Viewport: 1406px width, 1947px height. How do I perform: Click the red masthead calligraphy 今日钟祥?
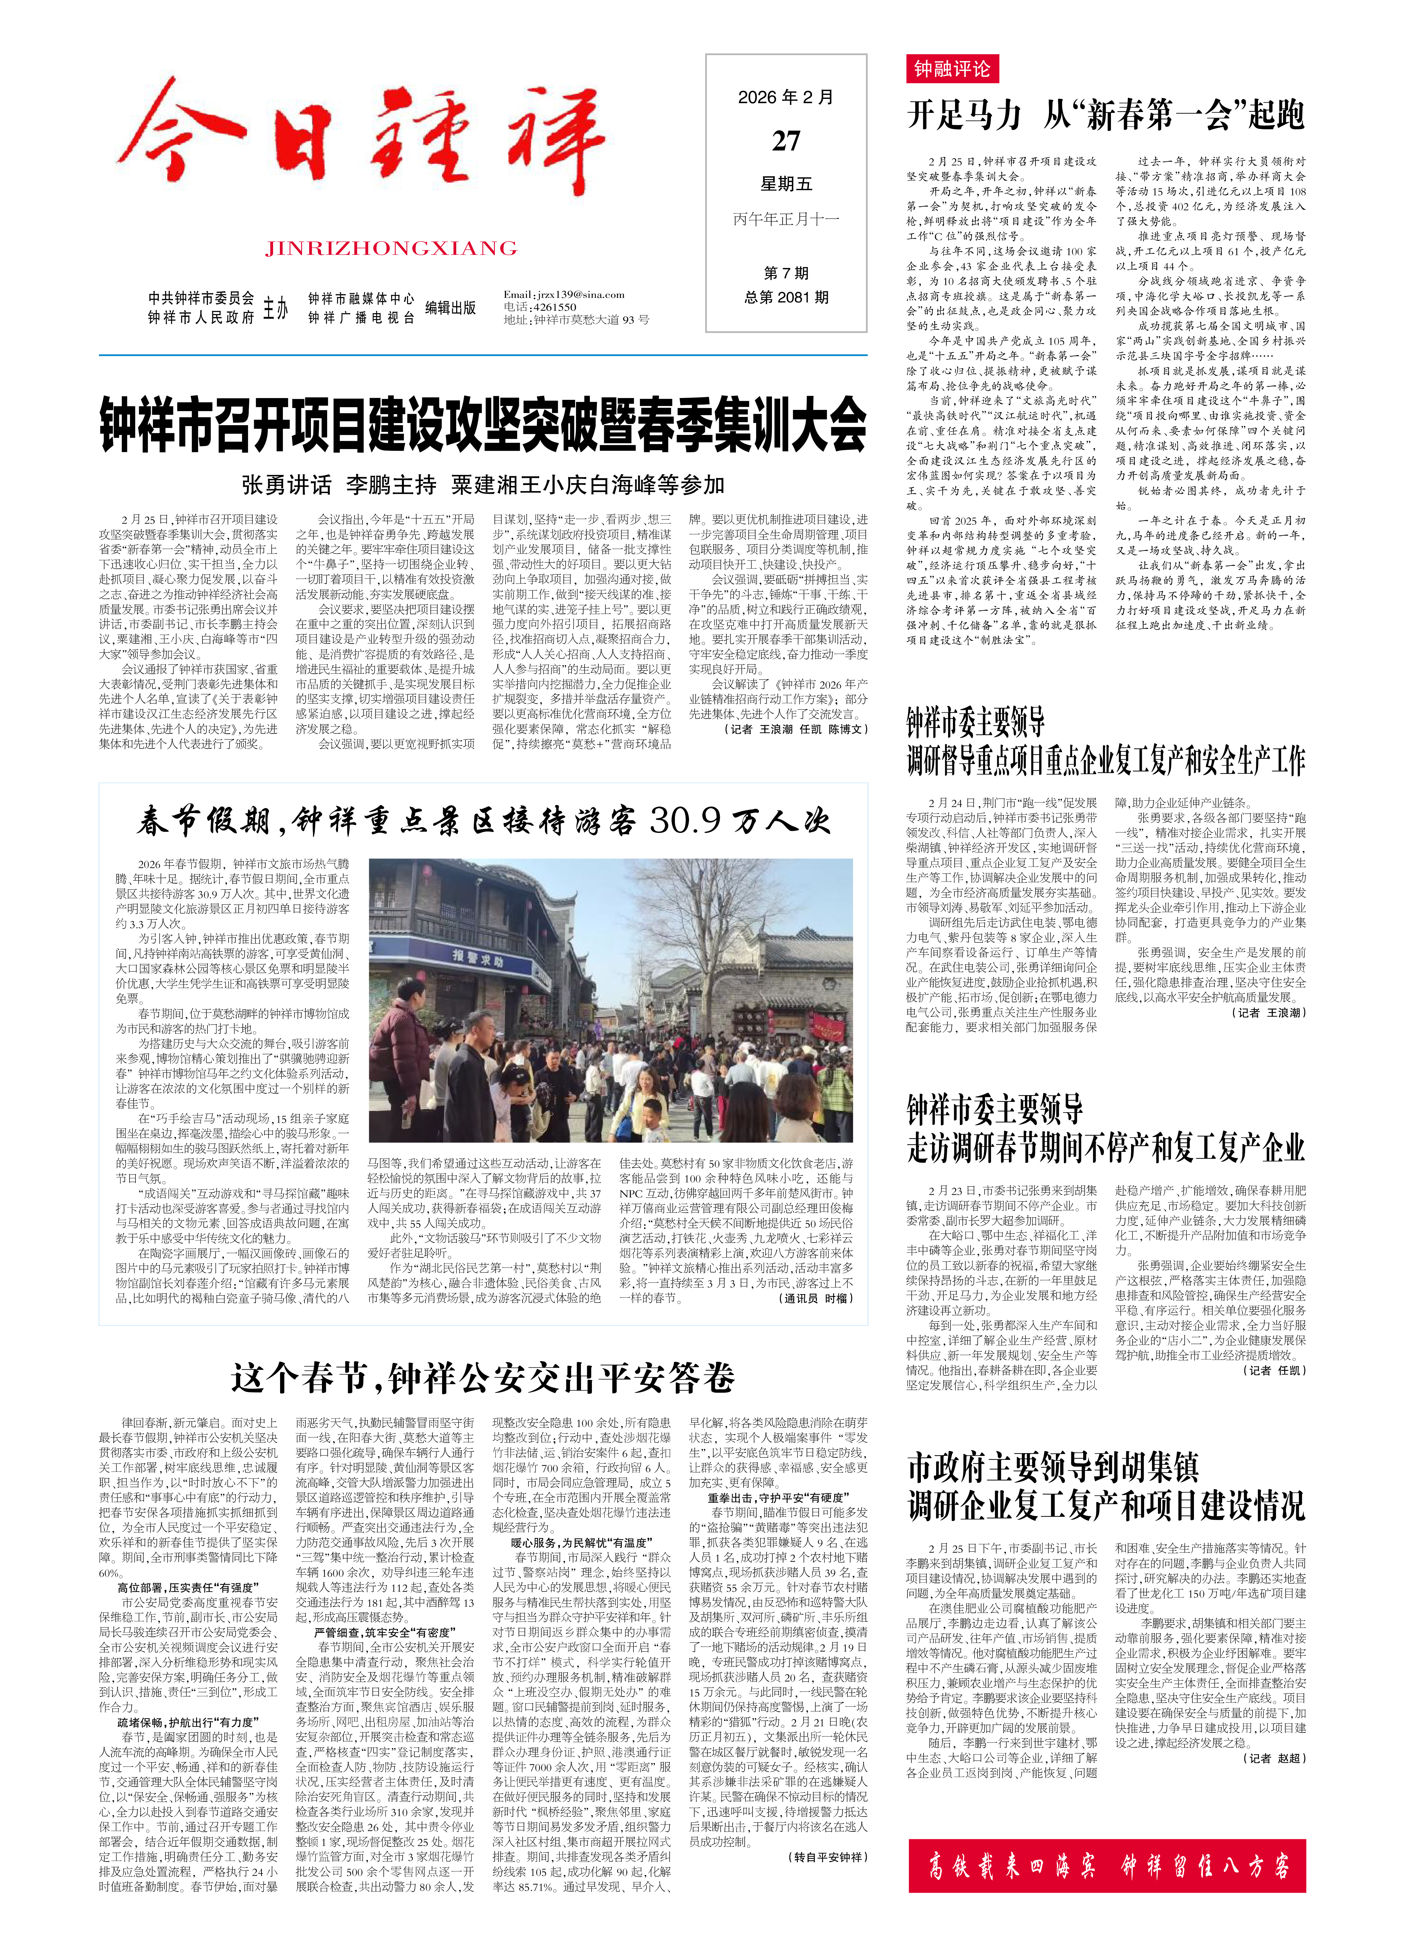tap(361, 142)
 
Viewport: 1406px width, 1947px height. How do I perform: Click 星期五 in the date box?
tap(785, 184)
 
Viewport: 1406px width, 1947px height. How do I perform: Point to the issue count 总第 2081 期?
tap(785, 297)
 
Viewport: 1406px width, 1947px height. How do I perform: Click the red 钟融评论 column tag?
tap(951, 69)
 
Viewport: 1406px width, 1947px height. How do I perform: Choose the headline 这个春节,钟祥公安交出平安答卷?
tap(482, 1378)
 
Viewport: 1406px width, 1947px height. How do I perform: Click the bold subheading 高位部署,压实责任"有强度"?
tap(186, 1587)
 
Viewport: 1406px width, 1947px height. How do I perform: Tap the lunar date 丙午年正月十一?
tap(785, 219)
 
